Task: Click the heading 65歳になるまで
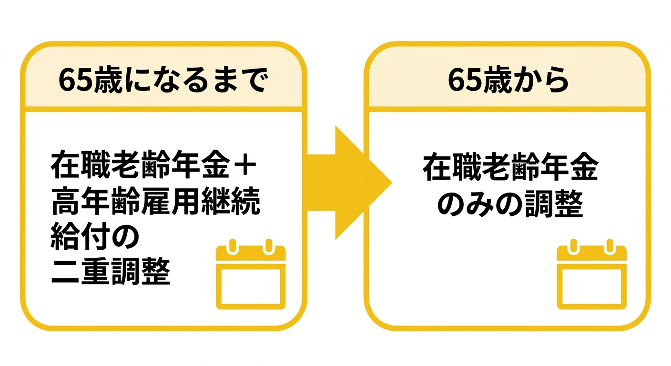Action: (x=163, y=80)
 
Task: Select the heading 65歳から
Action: (x=508, y=80)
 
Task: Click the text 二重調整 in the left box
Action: (x=111, y=272)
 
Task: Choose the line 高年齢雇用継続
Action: (x=156, y=201)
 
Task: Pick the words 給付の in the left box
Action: (x=95, y=237)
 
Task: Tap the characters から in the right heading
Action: (x=541, y=80)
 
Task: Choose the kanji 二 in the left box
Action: (x=65, y=272)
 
